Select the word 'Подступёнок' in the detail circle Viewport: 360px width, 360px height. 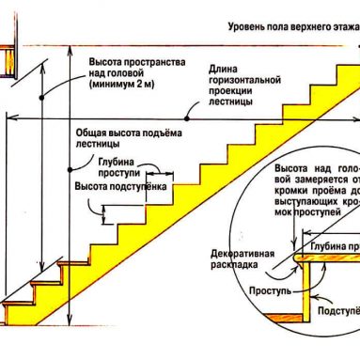tap(337, 310)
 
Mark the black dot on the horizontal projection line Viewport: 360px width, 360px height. tap(188, 118)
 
